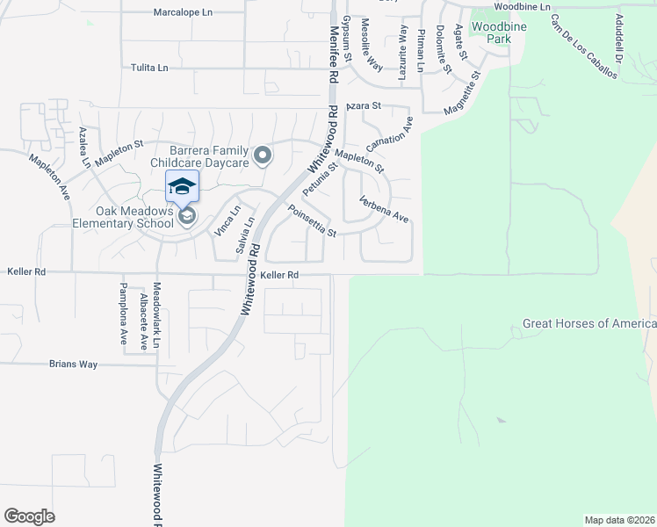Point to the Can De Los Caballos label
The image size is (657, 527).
coord(583,46)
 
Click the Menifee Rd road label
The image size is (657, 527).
coord(334,54)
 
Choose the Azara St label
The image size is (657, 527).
coord(362,105)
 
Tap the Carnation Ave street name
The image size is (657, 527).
coord(390,132)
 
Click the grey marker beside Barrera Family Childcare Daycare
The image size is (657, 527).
coord(262,156)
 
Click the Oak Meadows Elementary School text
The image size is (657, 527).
coord(136,217)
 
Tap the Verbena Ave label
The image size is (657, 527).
coord(385,209)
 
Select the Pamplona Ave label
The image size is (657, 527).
coord(124,314)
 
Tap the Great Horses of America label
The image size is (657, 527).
coord(589,324)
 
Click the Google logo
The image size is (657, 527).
coord(29,516)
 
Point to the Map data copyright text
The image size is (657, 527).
coord(619,520)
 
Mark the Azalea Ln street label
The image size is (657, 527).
coord(84,147)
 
